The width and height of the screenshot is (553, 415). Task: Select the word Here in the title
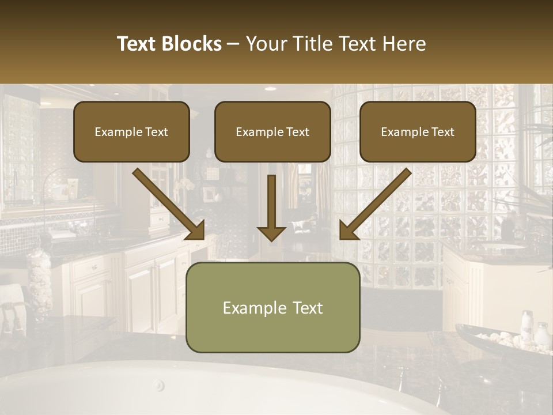pos(403,44)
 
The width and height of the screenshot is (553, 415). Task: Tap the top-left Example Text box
pos(131,132)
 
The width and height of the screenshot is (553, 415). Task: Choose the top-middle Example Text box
pos(272,132)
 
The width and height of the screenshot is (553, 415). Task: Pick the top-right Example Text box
pos(418,132)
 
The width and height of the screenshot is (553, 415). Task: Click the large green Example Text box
pos(272,308)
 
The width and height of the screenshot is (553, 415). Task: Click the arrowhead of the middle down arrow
pos(271,233)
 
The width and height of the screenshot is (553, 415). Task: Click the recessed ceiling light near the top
pos(270,89)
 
